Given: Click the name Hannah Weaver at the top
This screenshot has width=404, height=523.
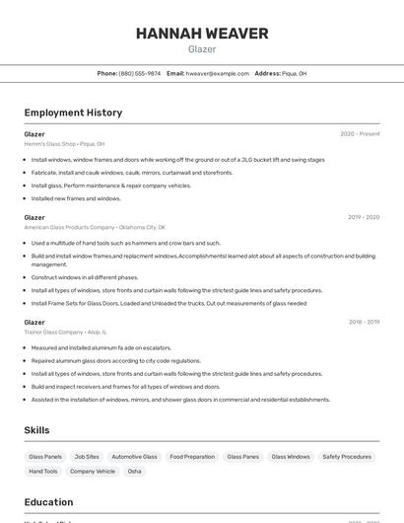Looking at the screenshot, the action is (x=202, y=34).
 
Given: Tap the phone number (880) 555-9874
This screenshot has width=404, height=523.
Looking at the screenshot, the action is (x=139, y=73).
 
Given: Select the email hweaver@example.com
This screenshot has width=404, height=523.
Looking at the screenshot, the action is (x=217, y=73).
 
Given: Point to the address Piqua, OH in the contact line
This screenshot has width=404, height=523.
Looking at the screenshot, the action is (x=294, y=73).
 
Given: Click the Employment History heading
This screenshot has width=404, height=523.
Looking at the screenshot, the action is (x=73, y=113).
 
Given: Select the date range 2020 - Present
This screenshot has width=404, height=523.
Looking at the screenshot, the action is (x=360, y=134).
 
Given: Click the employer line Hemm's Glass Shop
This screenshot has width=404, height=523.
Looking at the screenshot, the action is (x=64, y=144).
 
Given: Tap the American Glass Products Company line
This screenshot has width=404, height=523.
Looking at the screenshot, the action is (x=95, y=227).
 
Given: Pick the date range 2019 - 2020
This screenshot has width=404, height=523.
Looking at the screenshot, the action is (x=364, y=217).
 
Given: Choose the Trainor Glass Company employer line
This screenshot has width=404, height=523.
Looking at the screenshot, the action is (x=65, y=333).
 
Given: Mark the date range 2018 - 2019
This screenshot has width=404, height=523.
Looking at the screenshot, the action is (x=364, y=322).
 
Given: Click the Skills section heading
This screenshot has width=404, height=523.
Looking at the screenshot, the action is (x=36, y=430).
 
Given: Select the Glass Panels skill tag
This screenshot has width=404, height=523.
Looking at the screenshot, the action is (x=45, y=457).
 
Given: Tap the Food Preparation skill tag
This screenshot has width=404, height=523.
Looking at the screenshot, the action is (x=192, y=457).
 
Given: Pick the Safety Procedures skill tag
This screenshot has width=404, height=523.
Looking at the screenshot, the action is (x=347, y=457).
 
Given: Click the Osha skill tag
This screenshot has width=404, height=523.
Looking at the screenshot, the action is (x=135, y=472).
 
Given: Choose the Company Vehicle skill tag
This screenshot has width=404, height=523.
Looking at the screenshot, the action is (x=93, y=472).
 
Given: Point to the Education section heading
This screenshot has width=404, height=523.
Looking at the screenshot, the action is (x=48, y=502).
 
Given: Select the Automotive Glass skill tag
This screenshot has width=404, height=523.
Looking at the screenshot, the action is (x=134, y=457).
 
